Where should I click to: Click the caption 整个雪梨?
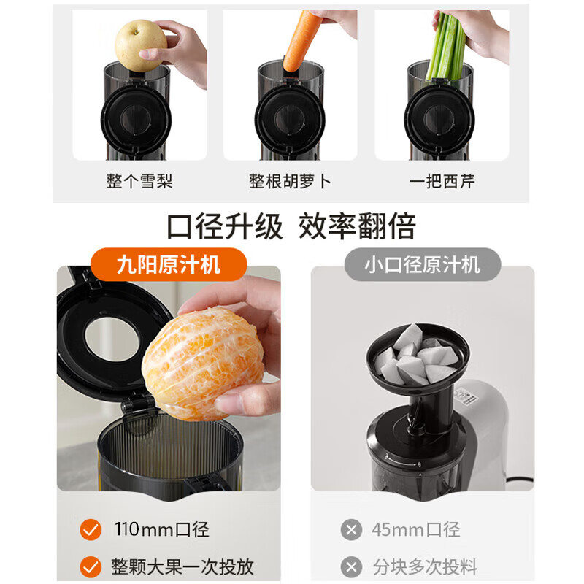(x=139, y=181)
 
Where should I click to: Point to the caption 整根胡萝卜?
(x=290, y=181)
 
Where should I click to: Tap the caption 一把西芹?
(x=442, y=181)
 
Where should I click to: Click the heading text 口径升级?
(x=224, y=226)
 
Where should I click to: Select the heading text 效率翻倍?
(x=357, y=226)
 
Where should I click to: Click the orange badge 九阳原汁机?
(x=169, y=264)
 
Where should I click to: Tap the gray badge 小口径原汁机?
(x=422, y=264)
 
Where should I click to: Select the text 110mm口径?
(x=161, y=529)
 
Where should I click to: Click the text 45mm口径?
(x=415, y=529)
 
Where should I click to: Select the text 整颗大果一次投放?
(x=182, y=566)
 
